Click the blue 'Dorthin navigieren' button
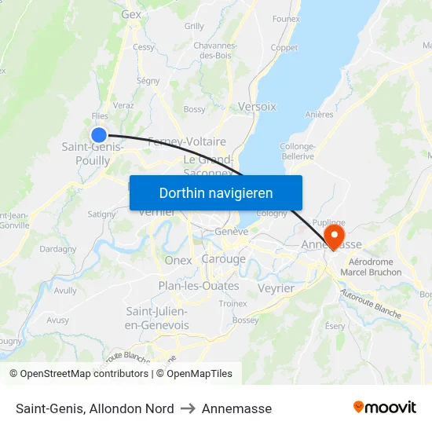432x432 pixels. (x=216, y=192)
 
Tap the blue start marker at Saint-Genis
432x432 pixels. (x=99, y=134)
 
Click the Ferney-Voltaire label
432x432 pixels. (x=187, y=141)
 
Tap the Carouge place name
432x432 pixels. (x=223, y=259)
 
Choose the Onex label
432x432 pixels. (x=178, y=260)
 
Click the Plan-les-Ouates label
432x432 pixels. (x=199, y=286)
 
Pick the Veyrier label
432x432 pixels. (x=276, y=288)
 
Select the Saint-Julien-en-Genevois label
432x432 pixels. (x=157, y=318)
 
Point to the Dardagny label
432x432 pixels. (x=57, y=249)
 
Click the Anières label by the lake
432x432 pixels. (x=319, y=114)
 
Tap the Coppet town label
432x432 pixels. (x=284, y=47)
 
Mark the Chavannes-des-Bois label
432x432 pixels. (x=215, y=50)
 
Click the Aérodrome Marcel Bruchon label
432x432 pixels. (x=375, y=267)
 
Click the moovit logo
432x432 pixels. (x=384, y=408)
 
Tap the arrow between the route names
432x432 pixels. (x=188, y=408)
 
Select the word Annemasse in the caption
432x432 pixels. (x=236, y=408)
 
